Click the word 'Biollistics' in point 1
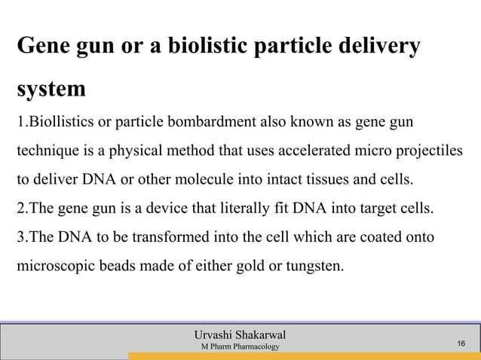(52, 122)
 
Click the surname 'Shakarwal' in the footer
(256, 334)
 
